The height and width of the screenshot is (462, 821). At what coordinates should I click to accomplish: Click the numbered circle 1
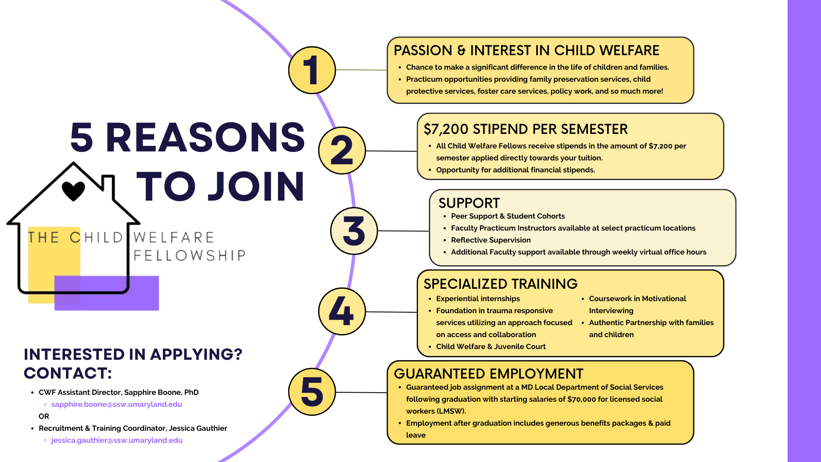click(x=312, y=70)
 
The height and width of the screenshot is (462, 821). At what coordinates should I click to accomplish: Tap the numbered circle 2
click(x=342, y=151)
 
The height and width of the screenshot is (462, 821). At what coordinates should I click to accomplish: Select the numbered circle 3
click(x=354, y=231)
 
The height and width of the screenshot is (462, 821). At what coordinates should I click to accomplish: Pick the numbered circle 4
click(x=342, y=311)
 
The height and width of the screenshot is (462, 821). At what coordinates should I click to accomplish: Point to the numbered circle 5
click(x=312, y=392)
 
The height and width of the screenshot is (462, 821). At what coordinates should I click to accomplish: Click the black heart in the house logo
click(x=74, y=191)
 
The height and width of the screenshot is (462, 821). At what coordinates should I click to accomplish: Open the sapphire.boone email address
click(x=117, y=404)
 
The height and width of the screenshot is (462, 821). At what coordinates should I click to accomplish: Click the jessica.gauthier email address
click(x=117, y=440)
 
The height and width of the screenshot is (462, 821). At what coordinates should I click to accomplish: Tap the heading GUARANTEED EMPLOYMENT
click(x=488, y=374)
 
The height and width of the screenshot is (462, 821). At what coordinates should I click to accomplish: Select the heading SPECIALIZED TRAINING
click(x=501, y=284)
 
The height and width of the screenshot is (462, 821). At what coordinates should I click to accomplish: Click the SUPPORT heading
click(x=469, y=203)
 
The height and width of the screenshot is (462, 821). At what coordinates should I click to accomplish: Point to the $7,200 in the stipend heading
click(x=446, y=129)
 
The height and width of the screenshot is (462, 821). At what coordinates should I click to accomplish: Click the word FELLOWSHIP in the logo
click(x=189, y=255)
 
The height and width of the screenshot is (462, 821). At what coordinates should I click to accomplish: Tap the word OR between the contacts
click(x=44, y=416)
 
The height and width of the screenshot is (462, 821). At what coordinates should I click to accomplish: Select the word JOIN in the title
click(x=256, y=187)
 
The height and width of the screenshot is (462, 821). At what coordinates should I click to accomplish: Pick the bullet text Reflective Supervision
click(x=491, y=240)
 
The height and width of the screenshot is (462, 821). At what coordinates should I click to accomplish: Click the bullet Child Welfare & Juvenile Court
click(x=491, y=346)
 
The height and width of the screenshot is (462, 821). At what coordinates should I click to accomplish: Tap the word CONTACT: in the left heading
click(x=68, y=373)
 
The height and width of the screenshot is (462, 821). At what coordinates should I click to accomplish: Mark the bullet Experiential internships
click(x=478, y=299)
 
